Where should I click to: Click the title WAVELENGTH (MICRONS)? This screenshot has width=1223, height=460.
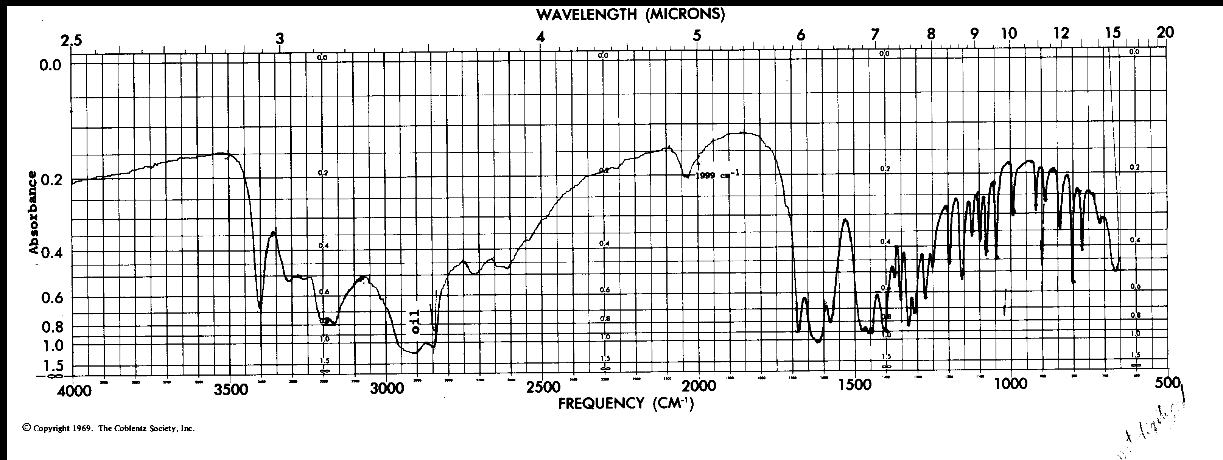click(630, 15)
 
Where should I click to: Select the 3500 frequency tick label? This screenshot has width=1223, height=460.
click(231, 389)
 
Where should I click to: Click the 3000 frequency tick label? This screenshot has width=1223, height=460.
click(387, 389)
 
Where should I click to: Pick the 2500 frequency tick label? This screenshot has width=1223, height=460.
click(543, 387)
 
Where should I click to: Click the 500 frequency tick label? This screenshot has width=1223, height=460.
click(1168, 382)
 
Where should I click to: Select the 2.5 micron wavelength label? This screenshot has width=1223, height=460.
click(71, 41)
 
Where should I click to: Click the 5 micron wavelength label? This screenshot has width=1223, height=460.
click(697, 36)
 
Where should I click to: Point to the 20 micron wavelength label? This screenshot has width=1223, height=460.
click(1165, 32)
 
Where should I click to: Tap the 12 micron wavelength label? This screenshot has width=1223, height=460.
click(1061, 33)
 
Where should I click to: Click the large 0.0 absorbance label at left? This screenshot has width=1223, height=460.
click(50, 65)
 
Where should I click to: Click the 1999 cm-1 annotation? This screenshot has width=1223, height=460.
click(717, 175)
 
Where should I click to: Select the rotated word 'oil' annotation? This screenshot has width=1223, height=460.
click(415, 322)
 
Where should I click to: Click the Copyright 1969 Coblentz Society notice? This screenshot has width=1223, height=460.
click(109, 428)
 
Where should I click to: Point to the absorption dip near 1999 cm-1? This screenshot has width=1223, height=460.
click(686, 176)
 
